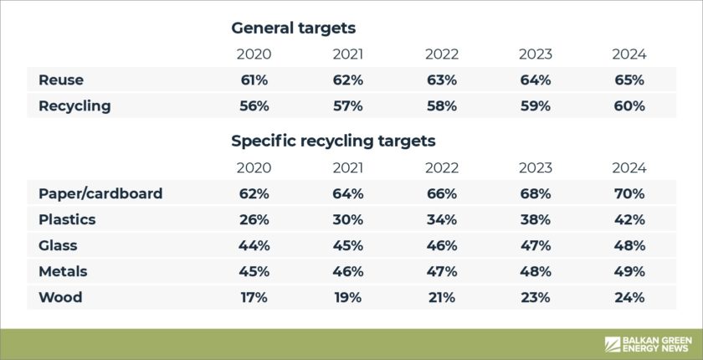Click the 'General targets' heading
(293, 28)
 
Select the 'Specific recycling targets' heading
(333, 141)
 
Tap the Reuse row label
(61, 80)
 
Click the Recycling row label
(74, 106)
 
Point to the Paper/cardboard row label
(100, 193)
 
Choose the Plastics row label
(67, 219)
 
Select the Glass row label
(58, 245)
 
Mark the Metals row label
(63, 271)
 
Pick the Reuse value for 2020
(253, 80)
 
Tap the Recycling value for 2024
(629, 106)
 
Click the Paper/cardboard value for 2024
(629, 193)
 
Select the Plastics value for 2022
(441, 219)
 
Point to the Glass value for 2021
(347, 245)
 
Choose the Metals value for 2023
(535, 271)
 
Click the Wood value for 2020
(253, 297)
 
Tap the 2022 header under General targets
(441, 54)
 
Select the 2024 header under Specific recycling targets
(629, 167)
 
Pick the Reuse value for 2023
(535, 80)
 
